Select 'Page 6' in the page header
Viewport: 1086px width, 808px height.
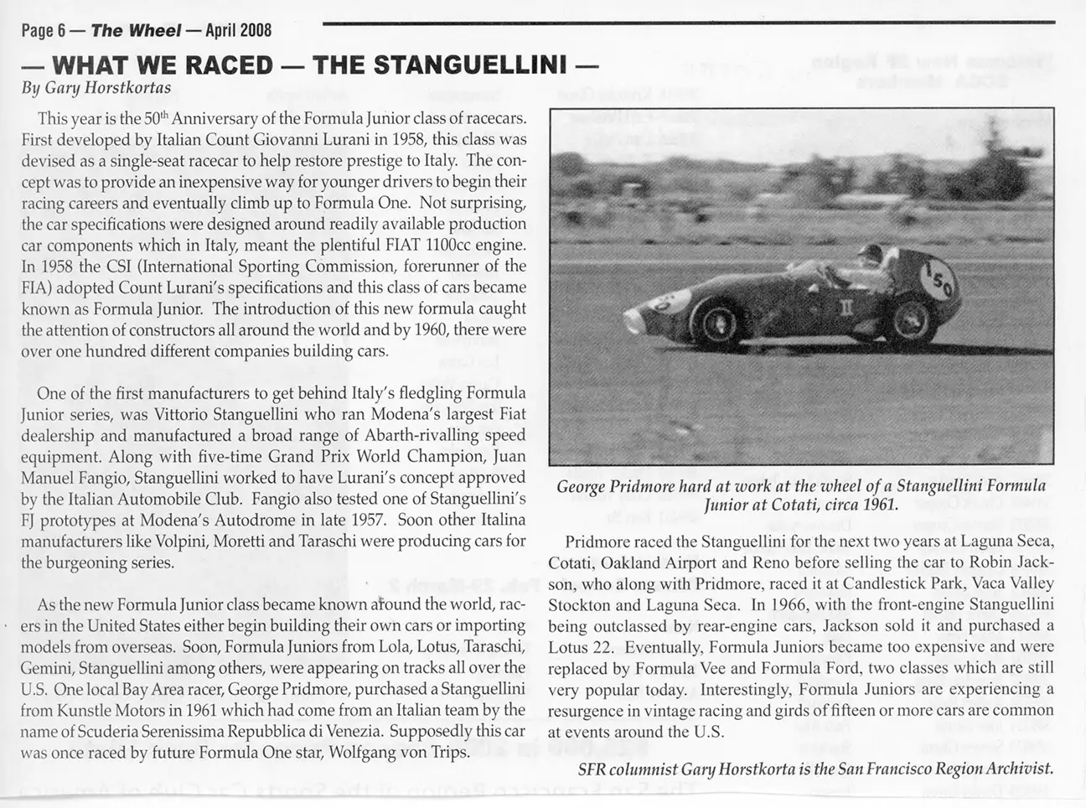pyautogui.click(x=44, y=31)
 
